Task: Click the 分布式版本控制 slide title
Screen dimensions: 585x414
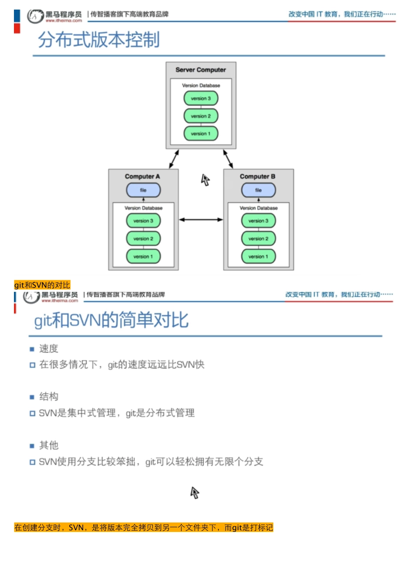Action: tap(99, 40)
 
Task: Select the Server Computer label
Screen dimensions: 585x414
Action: tap(200, 70)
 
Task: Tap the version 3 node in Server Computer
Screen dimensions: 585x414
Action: tap(200, 98)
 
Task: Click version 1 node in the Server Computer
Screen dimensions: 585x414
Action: tap(200, 134)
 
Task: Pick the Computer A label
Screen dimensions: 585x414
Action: tap(142, 176)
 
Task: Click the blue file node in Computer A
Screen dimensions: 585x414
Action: tap(143, 190)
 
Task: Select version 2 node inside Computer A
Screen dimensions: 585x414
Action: tap(143, 238)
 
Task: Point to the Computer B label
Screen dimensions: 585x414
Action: tap(257, 176)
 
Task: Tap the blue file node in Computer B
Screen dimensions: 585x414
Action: tap(258, 190)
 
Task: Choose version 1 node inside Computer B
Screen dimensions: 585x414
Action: tap(258, 257)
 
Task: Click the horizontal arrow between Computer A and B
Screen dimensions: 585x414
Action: tap(201, 220)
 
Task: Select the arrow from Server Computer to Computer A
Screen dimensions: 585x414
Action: tap(174, 159)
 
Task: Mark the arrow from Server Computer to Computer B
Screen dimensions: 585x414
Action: tap(228, 159)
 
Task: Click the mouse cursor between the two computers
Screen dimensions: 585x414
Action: tap(205, 180)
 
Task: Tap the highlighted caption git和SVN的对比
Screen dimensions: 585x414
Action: tap(42, 285)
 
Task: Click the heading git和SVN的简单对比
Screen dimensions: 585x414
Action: tap(111, 321)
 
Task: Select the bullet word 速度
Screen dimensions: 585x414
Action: tap(48, 349)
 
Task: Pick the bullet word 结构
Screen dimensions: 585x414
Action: tap(48, 397)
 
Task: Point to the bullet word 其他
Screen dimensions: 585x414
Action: tap(48, 445)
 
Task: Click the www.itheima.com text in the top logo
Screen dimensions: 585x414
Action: tap(64, 20)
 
